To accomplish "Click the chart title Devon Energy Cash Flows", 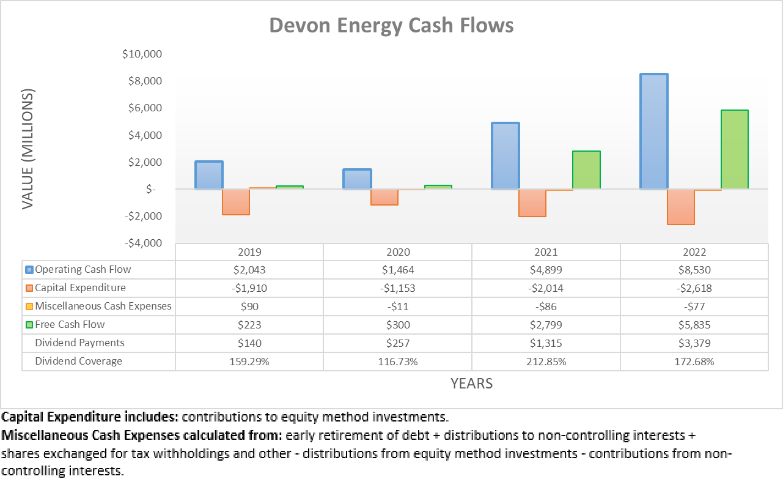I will coord(391,26).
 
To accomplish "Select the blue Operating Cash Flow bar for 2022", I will coord(653,131).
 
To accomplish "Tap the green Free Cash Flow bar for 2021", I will coord(586,169).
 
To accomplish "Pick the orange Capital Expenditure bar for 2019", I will coord(235,202).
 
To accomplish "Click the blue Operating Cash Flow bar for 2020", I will coord(357,179).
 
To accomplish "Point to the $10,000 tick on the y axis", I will coord(142,54).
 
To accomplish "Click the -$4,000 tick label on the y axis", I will coord(142,243).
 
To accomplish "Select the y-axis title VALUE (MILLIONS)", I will coord(28,149).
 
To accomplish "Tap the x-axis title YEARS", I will coord(471,384).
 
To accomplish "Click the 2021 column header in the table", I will coord(546,252).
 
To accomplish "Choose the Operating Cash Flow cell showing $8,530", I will coord(694,270).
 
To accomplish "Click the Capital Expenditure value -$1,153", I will coord(397,288).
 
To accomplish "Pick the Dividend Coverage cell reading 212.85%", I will coord(546,362).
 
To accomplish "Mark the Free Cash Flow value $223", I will coord(249,325).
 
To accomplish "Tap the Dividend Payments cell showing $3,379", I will coord(694,343).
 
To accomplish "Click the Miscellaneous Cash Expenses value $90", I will coord(249,306).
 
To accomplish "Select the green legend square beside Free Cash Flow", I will coord(29,325).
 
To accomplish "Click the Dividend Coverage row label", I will coord(78,361).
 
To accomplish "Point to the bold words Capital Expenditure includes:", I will coord(90,418).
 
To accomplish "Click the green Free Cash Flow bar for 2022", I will coord(734,149).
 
